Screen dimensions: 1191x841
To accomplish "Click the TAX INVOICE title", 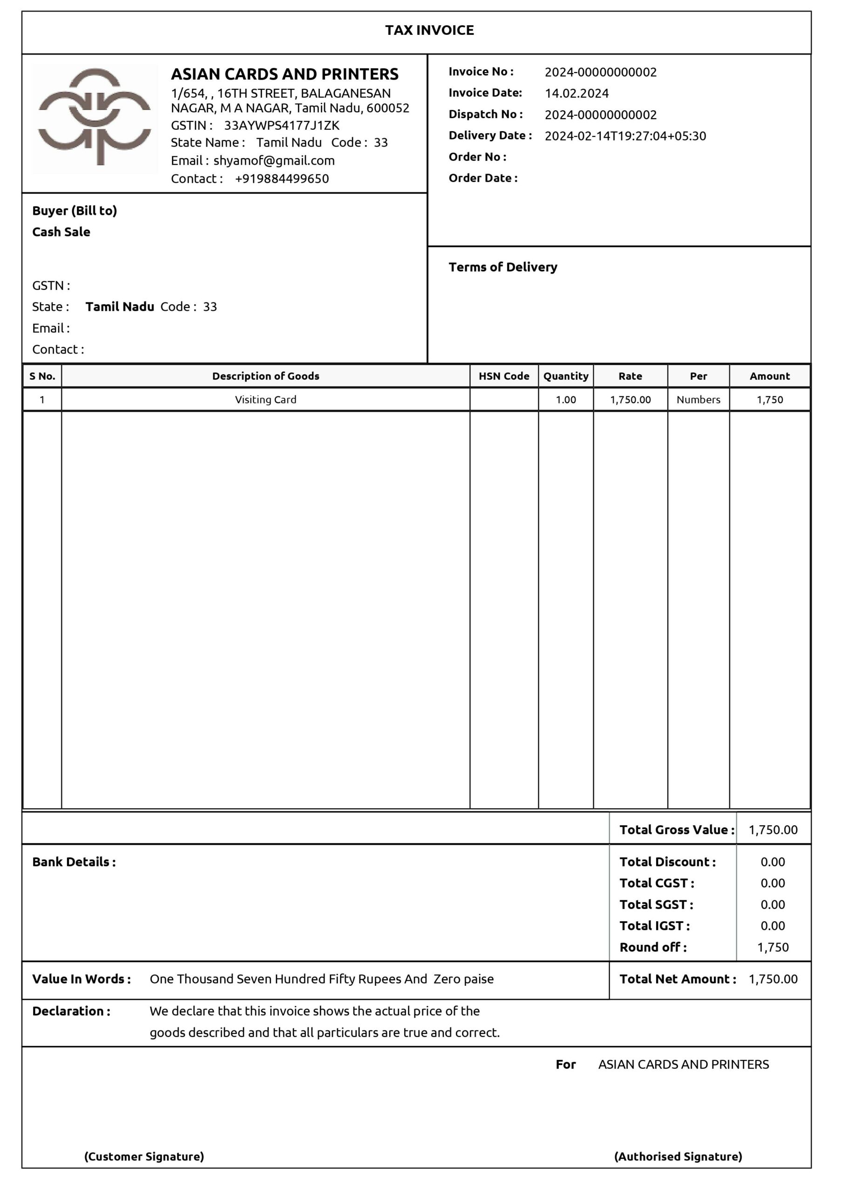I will (x=429, y=30).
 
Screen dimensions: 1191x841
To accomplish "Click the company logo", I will (x=95, y=118).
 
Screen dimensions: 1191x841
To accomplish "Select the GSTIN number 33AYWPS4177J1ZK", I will (x=281, y=126).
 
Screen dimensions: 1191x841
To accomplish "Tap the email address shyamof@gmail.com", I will (x=274, y=161).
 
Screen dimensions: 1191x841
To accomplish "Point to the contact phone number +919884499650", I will (x=282, y=179).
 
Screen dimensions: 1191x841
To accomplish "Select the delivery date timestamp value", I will (x=625, y=136).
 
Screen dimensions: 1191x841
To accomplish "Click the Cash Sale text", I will (x=61, y=232).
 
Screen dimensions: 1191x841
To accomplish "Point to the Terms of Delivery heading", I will (x=502, y=267).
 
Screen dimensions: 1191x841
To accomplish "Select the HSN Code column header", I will (x=503, y=376).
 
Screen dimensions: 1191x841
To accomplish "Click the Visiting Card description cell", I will (x=265, y=400).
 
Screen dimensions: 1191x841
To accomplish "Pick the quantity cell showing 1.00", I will (x=565, y=400).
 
